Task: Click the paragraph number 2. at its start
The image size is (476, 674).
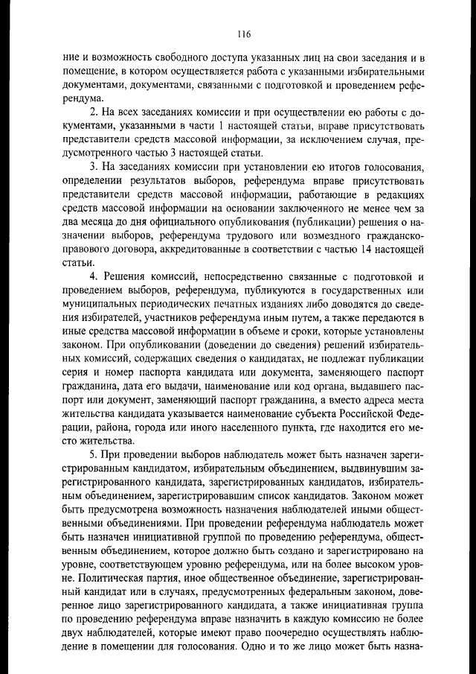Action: (x=93, y=112)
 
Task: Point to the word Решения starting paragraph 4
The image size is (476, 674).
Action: (x=123, y=276)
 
